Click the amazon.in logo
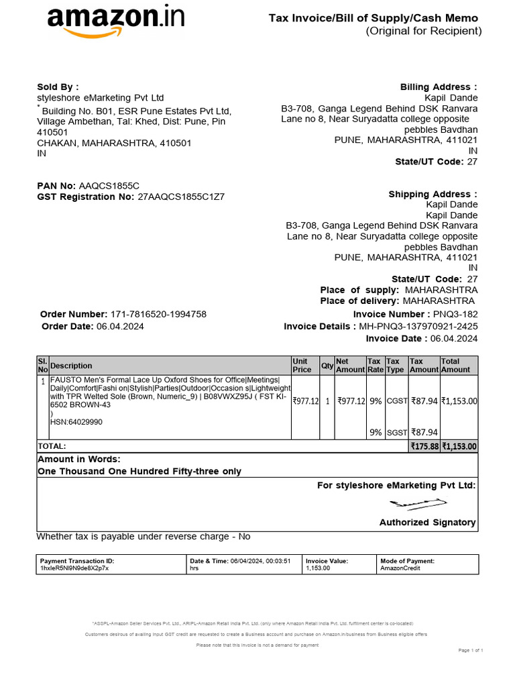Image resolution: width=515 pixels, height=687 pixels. [x=115, y=21]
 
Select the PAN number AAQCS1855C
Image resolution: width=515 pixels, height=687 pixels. [x=109, y=186]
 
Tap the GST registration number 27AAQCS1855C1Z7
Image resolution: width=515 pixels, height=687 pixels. [x=181, y=197]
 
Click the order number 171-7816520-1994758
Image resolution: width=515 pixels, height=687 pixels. [x=158, y=315]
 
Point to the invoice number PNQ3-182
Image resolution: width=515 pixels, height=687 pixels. [x=455, y=315]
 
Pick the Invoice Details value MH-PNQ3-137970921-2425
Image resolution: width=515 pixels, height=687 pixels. [x=418, y=327]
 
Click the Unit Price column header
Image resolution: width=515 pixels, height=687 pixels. [x=302, y=366]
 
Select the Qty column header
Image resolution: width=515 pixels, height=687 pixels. [x=327, y=366]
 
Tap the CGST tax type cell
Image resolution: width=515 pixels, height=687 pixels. [x=397, y=401]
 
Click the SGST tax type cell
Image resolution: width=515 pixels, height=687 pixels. [x=397, y=433]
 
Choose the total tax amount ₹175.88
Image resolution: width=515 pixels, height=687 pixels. [x=424, y=446]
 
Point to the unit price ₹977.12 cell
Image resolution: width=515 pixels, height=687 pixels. [x=305, y=401]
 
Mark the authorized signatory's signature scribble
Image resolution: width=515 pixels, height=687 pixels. [x=417, y=503]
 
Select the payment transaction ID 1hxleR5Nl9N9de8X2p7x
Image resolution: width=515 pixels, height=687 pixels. [x=74, y=568]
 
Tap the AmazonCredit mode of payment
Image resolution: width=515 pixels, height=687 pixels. [x=398, y=568]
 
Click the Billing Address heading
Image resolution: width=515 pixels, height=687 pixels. [x=439, y=87]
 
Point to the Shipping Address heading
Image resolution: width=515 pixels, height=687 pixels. [x=433, y=195]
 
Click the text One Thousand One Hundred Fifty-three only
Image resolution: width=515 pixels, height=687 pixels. [x=139, y=472]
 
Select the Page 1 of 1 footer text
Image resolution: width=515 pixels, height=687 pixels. [x=471, y=651]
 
